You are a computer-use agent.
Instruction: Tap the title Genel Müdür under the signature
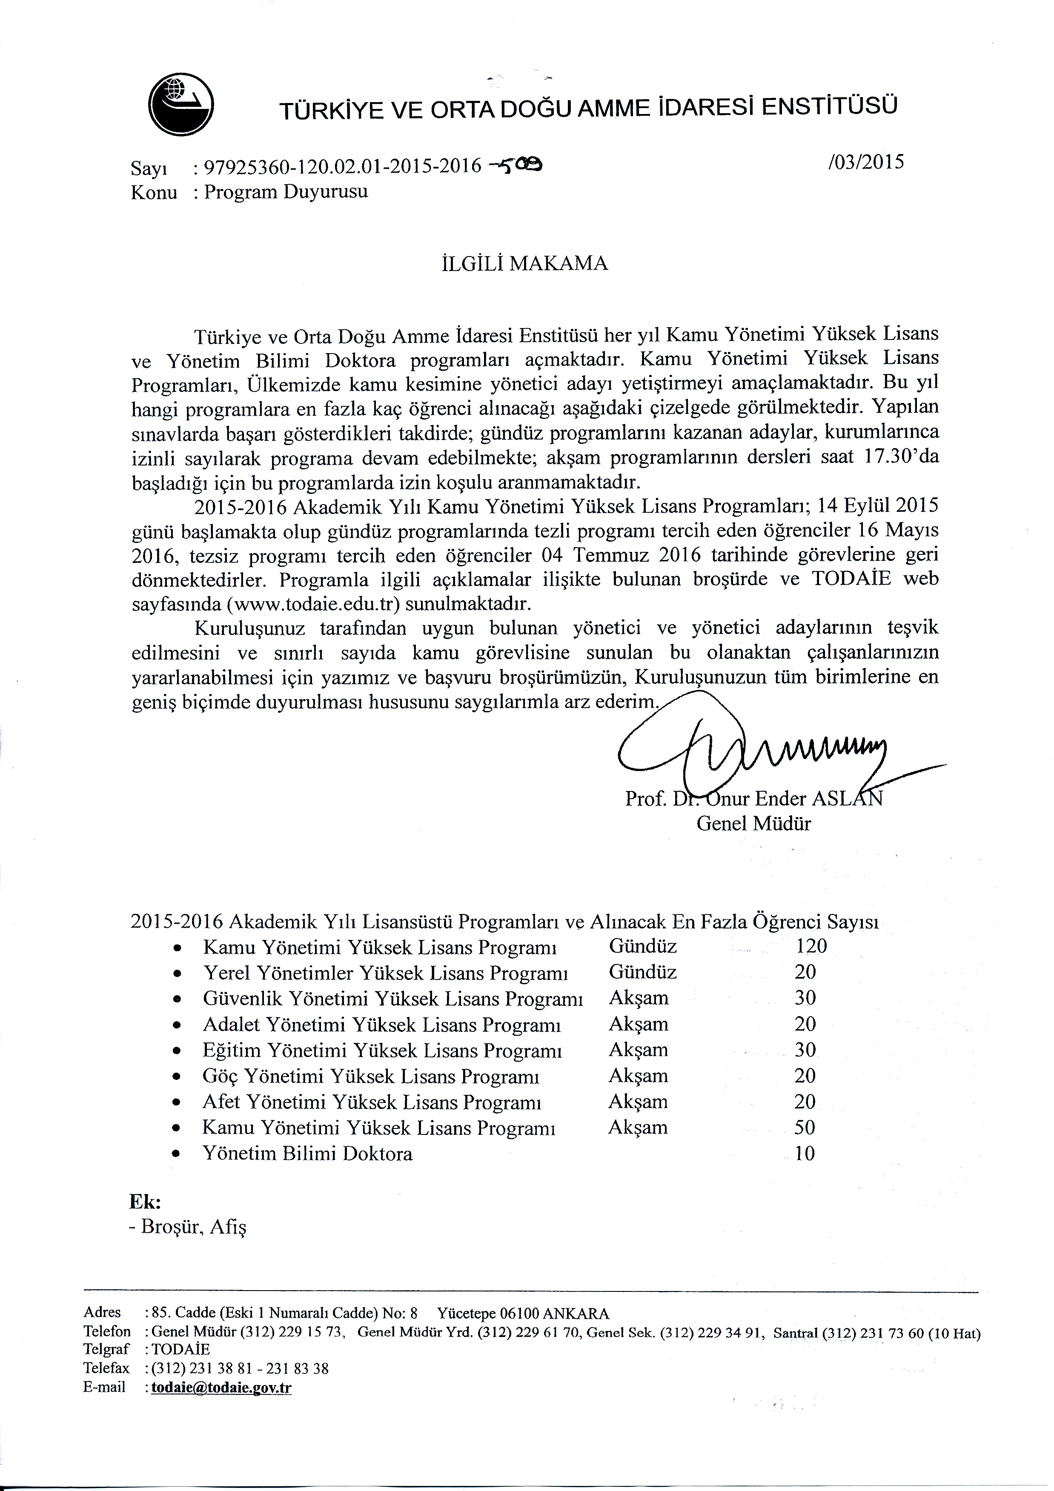coord(754,824)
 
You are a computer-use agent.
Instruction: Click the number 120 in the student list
coord(811,946)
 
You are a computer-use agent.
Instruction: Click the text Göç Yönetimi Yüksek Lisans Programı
coord(371,1076)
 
